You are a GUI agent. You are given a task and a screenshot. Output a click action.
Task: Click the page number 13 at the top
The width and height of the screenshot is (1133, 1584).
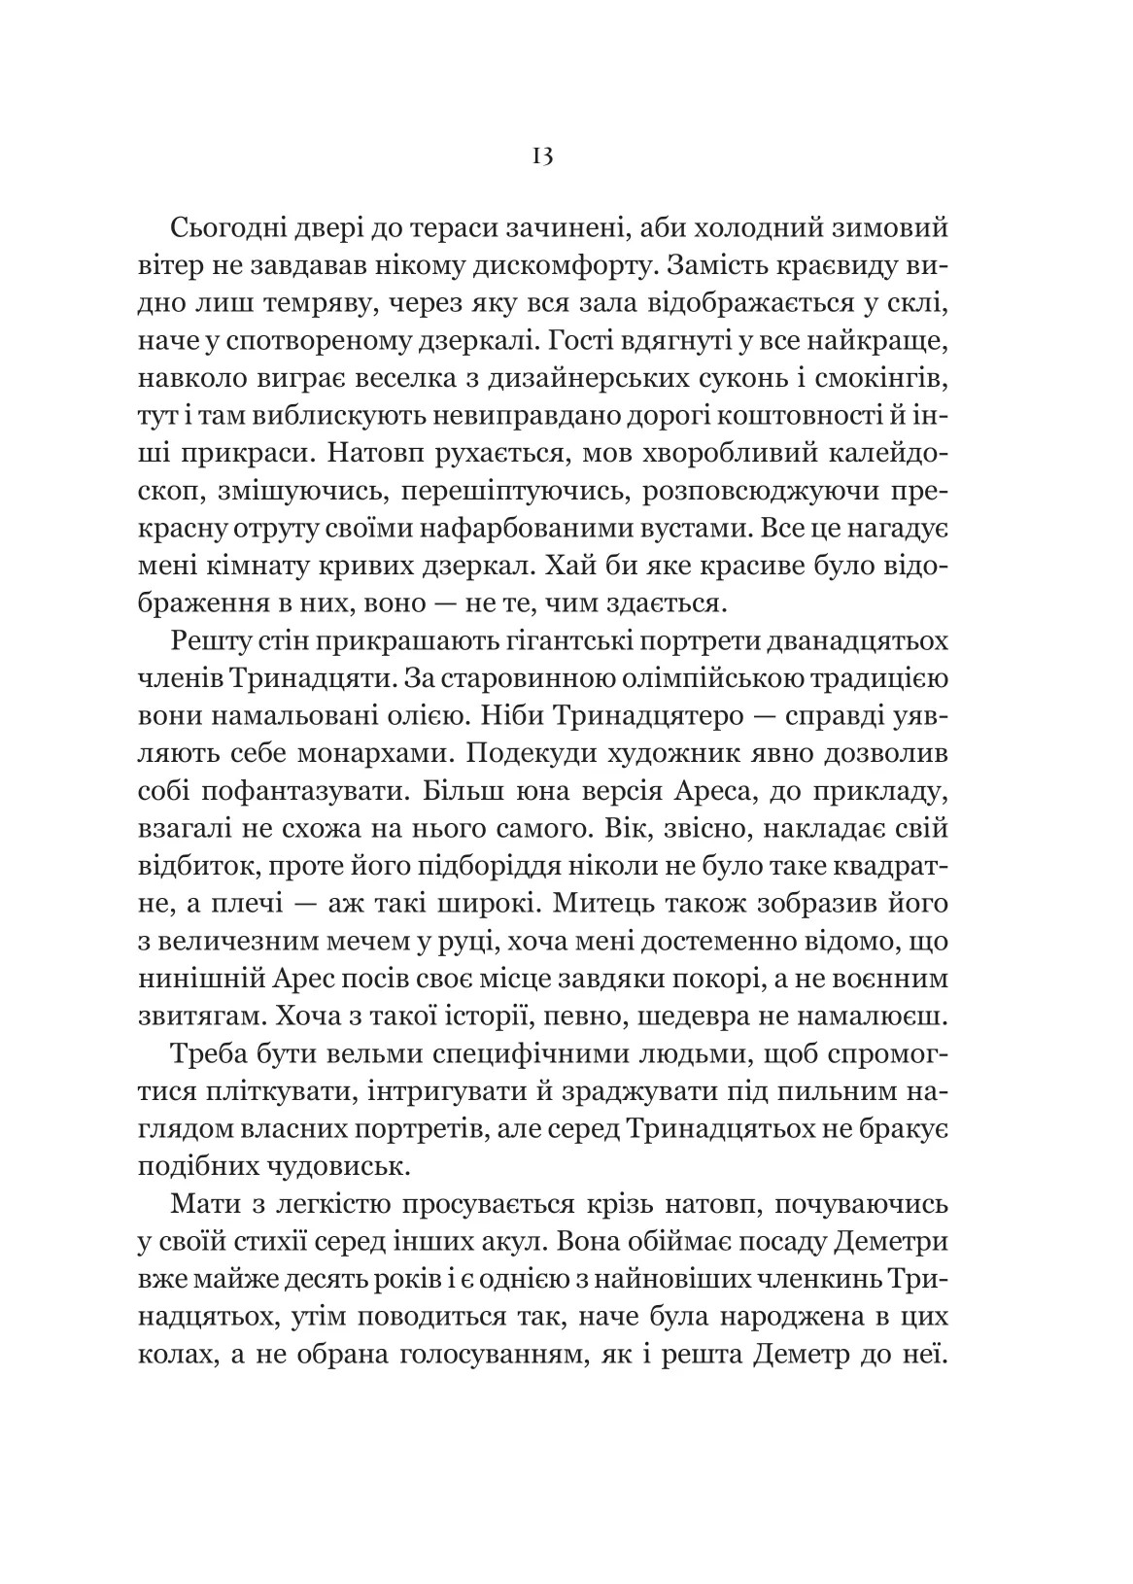[542, 156]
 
